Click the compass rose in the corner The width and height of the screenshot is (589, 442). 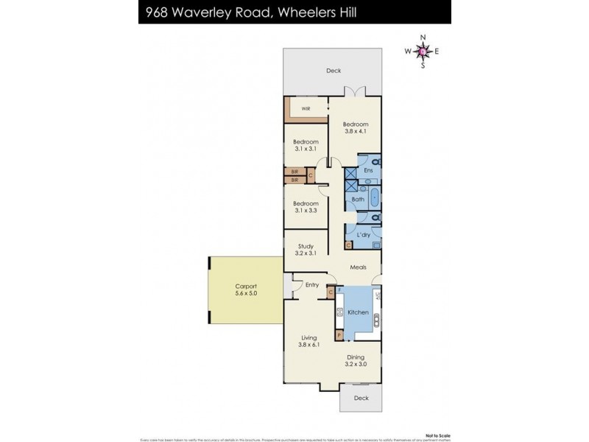point(422,51)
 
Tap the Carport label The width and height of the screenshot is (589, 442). point(246,289)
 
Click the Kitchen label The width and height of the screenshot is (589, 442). point(358,312)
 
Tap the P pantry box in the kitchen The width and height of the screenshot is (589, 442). point(339,335)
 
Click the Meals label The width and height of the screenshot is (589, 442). point(356,267)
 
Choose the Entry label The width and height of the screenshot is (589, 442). point(312,284)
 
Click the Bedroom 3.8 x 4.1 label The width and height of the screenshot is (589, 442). point(356,128)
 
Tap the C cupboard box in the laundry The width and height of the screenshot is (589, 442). point(348,244)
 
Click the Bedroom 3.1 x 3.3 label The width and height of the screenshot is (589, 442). point(306,207)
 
